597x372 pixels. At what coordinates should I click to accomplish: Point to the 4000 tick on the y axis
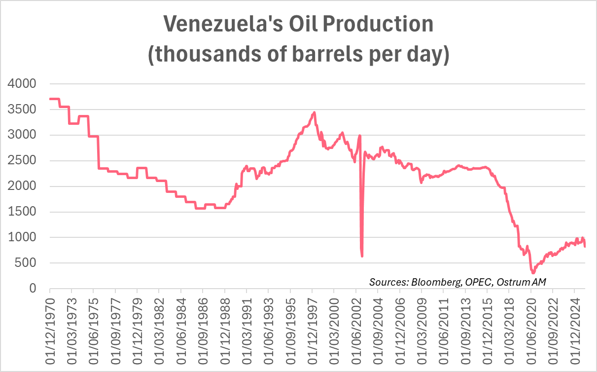coord(22,84)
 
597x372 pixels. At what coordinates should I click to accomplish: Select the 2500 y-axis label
coord(22,161)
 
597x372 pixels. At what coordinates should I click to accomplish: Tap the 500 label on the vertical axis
coord(26,263)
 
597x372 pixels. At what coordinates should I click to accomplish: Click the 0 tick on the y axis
coord(33,289)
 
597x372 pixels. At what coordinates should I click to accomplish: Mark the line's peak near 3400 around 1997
coord(314,112)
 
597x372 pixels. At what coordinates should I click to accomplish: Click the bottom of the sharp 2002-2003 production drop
coord(362,256)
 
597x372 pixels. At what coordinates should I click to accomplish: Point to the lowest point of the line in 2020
coord(533,273)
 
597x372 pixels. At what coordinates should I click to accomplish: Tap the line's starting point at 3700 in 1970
coord(50,99)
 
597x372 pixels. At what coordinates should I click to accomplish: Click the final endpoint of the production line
coord(585,246)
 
